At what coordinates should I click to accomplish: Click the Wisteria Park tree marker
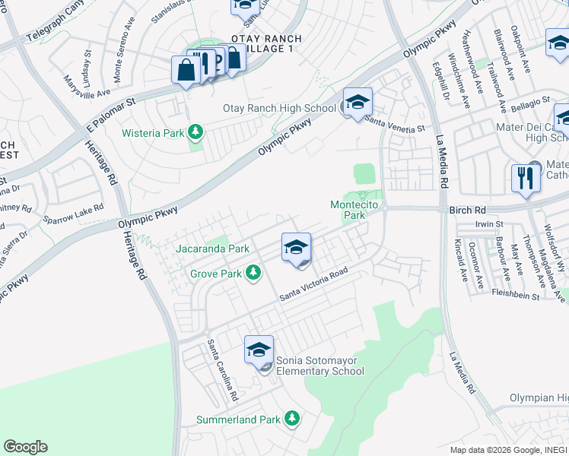pyautogui.click(x=196, y=133)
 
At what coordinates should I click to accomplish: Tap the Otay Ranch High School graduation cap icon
pyautogui.click(x=358, y=102)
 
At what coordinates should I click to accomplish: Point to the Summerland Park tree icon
pyautogui.click(x=291, y=419)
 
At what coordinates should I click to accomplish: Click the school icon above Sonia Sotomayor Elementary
pyautogui.click(x=259, y=349)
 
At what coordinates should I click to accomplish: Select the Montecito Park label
pyautogui.click(x=359, y=210)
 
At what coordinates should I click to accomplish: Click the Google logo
pyautogui.click(x=25, y=447)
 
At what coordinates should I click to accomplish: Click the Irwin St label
pyautogui.click(x=489, y=224)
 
